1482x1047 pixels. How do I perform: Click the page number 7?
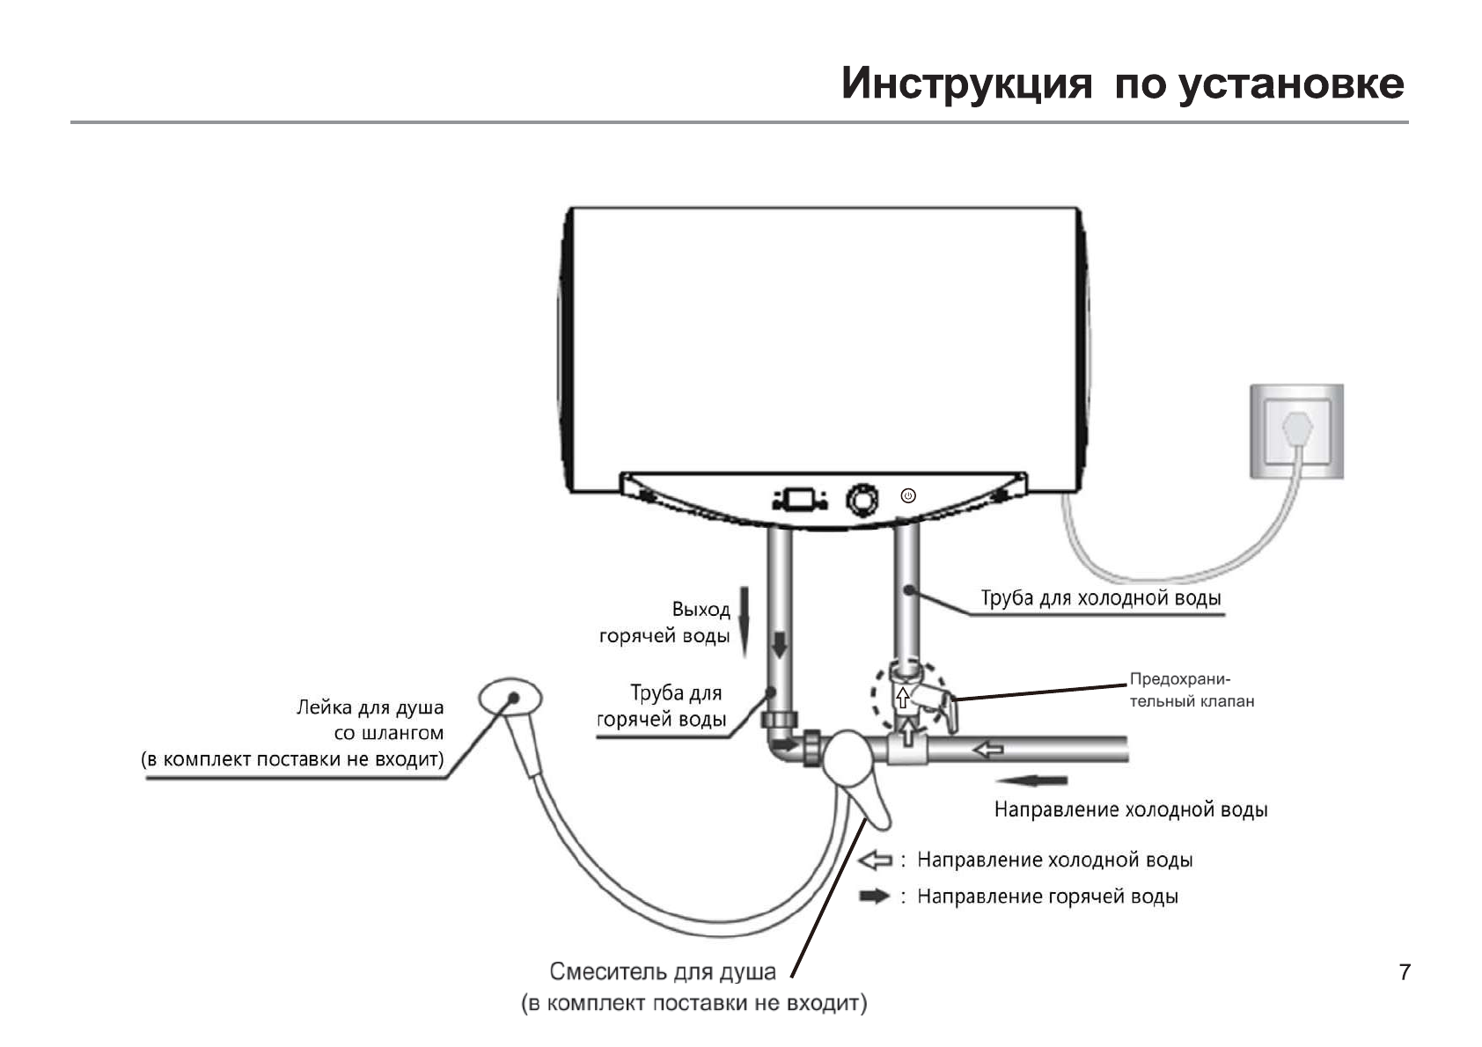(x=1404, y=972)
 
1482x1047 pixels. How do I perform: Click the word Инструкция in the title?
(x=966, y=84)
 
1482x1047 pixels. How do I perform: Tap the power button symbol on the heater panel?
(x=908, y=496)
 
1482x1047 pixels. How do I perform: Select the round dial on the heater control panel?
(x=862, y=499)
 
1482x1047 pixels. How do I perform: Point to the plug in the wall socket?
(x=1297, y=431)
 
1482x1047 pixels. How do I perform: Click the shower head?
(x=510, y=699)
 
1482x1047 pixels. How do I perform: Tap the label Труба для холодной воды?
(x=1100, y=598)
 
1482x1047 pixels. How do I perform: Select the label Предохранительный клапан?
(x=1191, y=690)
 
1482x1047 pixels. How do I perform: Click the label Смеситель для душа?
(x=663, y=971)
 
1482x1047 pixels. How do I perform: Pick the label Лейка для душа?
(x=370, y=707)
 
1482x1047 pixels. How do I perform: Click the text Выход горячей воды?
(x=665, y=622)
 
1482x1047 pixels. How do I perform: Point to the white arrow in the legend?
(x=875, y=860)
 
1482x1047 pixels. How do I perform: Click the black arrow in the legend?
(x=875, y=896)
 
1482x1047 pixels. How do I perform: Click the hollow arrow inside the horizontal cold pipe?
(x=989, y=750)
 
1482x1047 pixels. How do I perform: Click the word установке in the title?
(x=1290, y=84)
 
